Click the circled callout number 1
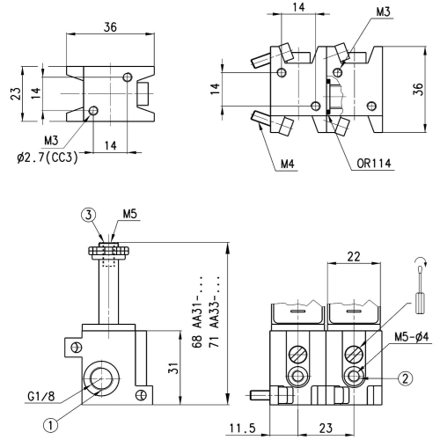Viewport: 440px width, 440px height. (51, 423)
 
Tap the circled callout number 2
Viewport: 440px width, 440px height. (404, 379)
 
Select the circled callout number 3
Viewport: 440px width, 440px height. (89, 214)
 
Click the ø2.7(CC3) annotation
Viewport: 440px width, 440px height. (50, 158)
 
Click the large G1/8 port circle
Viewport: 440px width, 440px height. (98, 379)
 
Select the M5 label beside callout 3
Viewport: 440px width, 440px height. (129, 214)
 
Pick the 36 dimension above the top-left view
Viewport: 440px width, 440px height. (110, 27)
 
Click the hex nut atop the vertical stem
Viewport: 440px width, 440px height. (109, 251)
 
